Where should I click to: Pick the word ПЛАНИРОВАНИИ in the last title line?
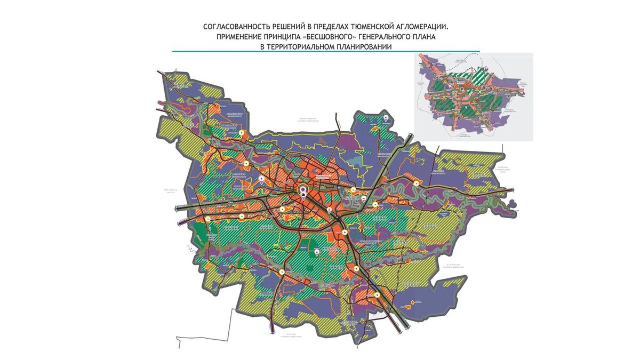361,47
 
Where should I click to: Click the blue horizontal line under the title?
325,52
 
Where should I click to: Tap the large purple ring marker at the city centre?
303,189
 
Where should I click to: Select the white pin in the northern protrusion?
385,117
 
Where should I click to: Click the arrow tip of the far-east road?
514,189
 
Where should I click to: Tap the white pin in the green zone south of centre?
317,251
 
